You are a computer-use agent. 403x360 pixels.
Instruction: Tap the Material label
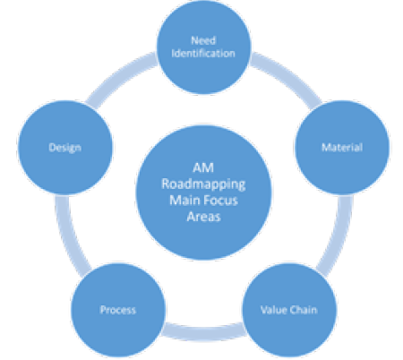click(x=341, y=146)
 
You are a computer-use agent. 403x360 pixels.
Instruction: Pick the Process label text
click(x=117, y=310)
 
